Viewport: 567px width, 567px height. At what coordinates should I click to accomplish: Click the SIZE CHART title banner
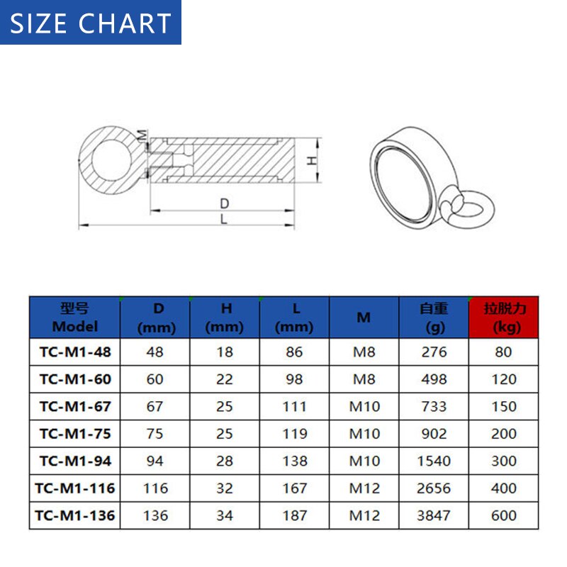pyautogui.click(x=91, y=23)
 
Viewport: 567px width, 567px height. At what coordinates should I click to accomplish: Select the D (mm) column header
pyautogui.click(x=156, y=318)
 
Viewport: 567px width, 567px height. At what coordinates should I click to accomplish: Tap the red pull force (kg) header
pyautogui.click(x=504, y=318)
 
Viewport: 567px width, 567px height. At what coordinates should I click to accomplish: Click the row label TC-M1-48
pyautogui.click(x=75, y=352)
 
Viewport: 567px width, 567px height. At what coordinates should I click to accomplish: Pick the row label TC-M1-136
pyautogui.click(x=75, y=515)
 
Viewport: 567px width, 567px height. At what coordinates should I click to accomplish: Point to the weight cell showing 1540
pyautogui.click(x=434, y=461)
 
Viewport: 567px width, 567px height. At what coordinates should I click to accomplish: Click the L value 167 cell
pyautogui.click(x=294, y=488)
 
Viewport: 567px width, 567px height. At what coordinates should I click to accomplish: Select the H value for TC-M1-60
pyautogui.click(x=225, y=379)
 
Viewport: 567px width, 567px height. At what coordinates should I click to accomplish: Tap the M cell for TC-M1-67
pyautogui.click(x=364, y=406)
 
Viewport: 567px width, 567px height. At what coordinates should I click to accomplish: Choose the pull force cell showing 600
pyautogui.click(x=504, y=515)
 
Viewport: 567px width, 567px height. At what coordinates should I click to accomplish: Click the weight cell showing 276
pyautogui.click(x=434, y=352)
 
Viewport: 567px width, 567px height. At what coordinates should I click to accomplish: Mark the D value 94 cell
pyautogui.click(x=155, y=461)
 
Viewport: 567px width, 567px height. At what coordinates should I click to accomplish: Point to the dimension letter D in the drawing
pyautogui.click(x=225, y=204)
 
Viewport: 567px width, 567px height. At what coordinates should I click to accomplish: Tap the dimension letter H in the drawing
pyautogui.click(x=310, y=161)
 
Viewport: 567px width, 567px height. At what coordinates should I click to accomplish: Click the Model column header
pyautogui.click(x=75, y=318)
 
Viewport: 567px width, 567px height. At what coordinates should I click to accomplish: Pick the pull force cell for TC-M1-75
pyautogui.click(x=504, y=434)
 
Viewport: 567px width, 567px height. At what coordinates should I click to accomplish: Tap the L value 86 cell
pyautogui.click(x=294, y=352)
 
